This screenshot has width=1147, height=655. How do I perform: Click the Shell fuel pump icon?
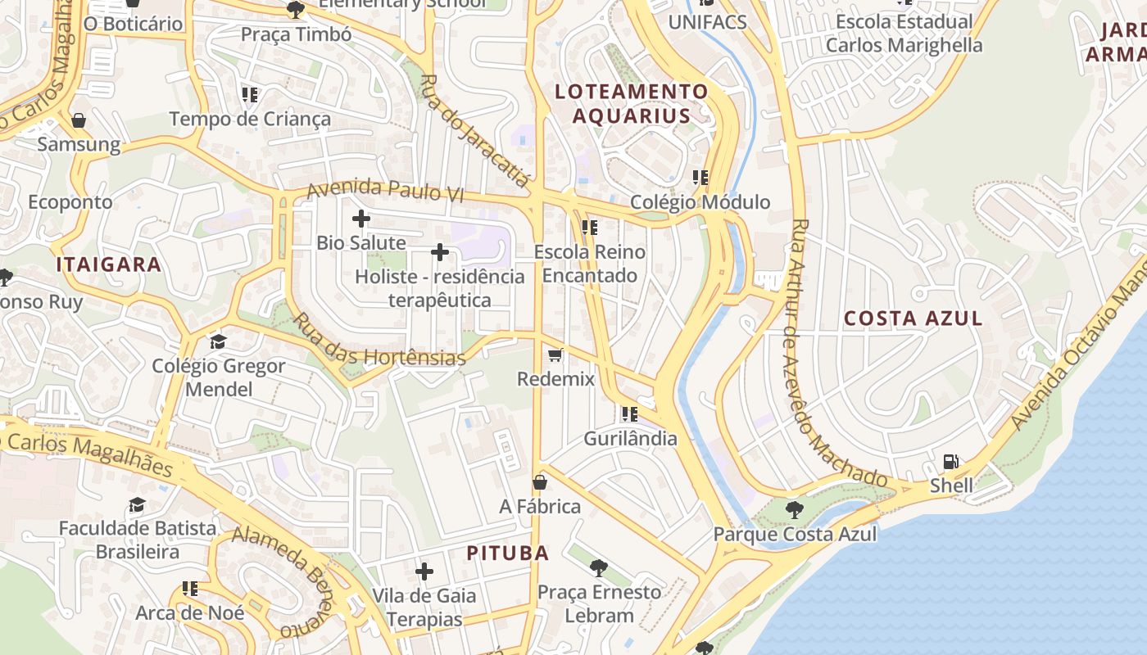(950, 462)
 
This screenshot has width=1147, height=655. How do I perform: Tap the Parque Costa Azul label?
(795, 535)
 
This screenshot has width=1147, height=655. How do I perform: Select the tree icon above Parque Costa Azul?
(794, 511)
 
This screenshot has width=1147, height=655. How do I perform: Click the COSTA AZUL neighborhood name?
(913, 318)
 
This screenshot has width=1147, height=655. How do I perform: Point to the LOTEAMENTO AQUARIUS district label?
(631, 103)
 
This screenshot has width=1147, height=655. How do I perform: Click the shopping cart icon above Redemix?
(555, 355)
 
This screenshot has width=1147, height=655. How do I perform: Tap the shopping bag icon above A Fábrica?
(540, 482)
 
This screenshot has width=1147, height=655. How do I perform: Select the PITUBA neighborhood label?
(508, 553)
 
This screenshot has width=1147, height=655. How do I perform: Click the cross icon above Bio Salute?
(361, 219)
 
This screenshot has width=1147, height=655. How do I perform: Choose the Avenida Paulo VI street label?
(385, 191)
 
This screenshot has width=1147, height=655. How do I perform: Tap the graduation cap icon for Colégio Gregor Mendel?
(218, 341)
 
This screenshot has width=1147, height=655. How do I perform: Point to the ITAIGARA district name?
(109, 264)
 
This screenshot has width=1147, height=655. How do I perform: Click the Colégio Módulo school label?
(700, 201)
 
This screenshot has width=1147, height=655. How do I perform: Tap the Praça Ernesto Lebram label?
(600, 603)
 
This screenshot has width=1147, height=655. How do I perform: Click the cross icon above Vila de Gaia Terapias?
(424, 571)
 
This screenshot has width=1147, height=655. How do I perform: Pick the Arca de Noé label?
(190, 612)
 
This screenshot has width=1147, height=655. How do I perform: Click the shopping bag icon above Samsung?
(79, 121)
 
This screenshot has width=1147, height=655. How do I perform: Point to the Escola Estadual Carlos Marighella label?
(904, 33)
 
